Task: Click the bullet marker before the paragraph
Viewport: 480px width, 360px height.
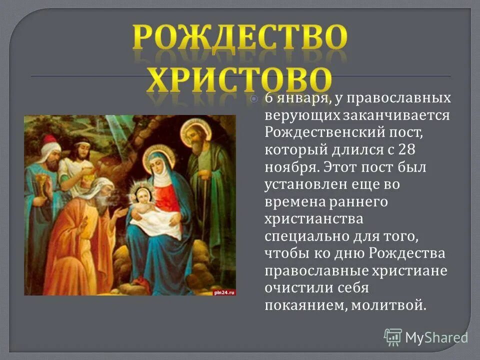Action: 254,99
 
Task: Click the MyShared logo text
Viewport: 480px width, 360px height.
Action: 435,337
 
